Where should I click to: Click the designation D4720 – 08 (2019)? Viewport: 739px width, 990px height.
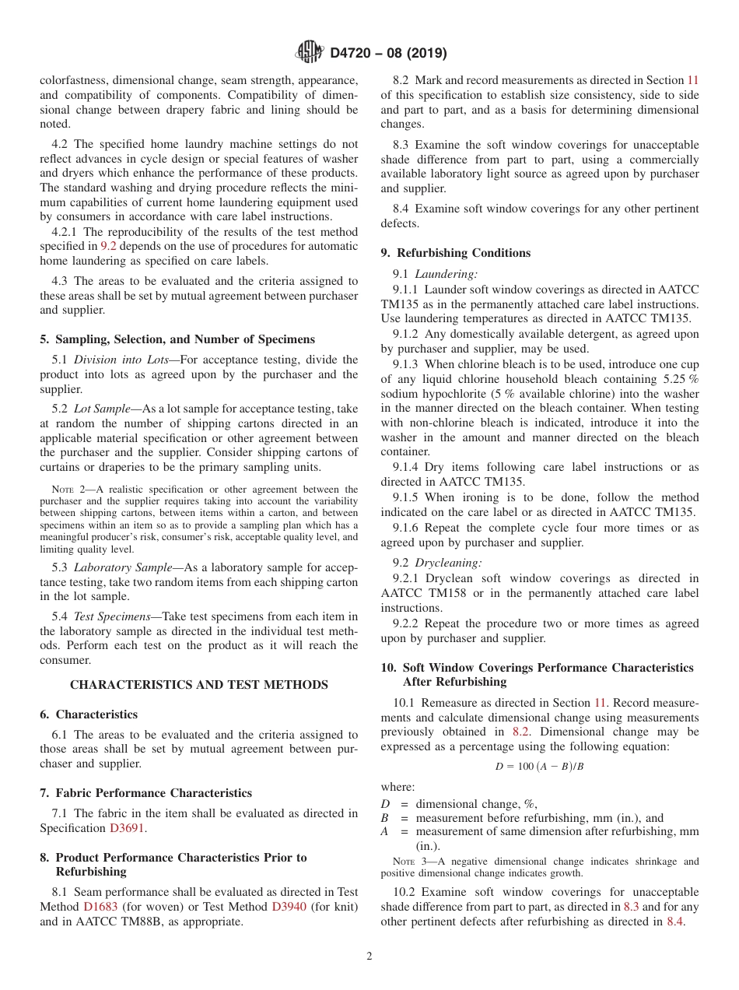pos(388,54)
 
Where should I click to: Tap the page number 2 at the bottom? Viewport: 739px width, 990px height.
pos(369,957)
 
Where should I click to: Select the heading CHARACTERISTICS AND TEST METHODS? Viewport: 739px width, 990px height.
pos(199,685)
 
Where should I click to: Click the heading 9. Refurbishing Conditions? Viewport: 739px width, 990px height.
pos(455,253)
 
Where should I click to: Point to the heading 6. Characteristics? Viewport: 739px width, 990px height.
pos(89,714)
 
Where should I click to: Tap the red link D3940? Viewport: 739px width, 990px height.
pos(289,907)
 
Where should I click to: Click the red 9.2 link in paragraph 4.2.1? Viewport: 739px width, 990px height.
pos(109,247)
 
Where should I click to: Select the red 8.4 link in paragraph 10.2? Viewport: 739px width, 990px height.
pos(675,922)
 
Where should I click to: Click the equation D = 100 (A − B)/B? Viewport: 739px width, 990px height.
pos(539,767)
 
